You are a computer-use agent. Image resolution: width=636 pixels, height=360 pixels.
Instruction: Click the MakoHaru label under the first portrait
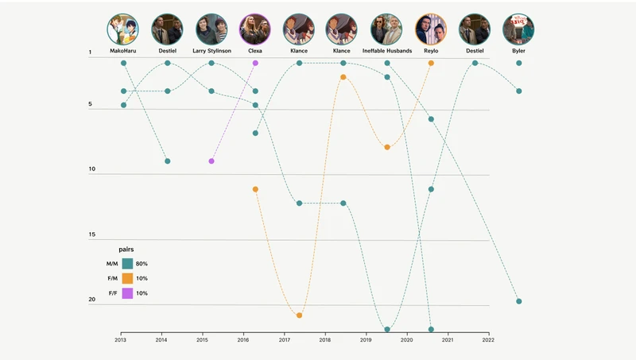(123, 51)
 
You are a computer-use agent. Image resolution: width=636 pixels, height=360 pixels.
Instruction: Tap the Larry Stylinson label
(211, 51)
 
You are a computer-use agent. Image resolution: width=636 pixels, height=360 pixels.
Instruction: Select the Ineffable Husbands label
(387, 51)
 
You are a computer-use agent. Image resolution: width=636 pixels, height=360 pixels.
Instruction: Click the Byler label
(518, 51)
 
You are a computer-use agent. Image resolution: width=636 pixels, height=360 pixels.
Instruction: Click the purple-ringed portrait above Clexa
(255, 29)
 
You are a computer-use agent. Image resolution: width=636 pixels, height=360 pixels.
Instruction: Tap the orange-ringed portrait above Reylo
(431, 29)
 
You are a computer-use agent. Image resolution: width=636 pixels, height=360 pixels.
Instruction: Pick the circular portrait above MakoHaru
(123, 29)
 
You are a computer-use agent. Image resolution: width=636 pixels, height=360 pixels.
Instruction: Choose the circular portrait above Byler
(518, 29)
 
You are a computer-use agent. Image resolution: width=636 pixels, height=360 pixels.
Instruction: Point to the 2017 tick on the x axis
(285, 334)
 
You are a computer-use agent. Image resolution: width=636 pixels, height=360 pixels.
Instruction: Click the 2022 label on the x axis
(488, 340)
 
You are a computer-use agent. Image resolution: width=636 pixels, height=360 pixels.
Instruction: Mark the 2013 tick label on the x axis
(121, 340)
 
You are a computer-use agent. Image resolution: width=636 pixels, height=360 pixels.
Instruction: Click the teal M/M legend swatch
(127, 264)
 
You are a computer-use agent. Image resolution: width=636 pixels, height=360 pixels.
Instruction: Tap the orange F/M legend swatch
(127, 279)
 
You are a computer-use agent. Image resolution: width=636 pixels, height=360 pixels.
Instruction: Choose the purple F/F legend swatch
(127, 294)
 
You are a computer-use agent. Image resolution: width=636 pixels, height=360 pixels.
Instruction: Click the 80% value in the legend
(142, 264)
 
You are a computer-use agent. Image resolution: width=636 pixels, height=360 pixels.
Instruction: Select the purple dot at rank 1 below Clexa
(255, 63)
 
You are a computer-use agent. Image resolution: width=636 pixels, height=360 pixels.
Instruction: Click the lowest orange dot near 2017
(299, 315)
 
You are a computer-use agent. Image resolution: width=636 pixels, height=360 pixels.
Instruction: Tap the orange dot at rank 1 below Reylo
(431, 63)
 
